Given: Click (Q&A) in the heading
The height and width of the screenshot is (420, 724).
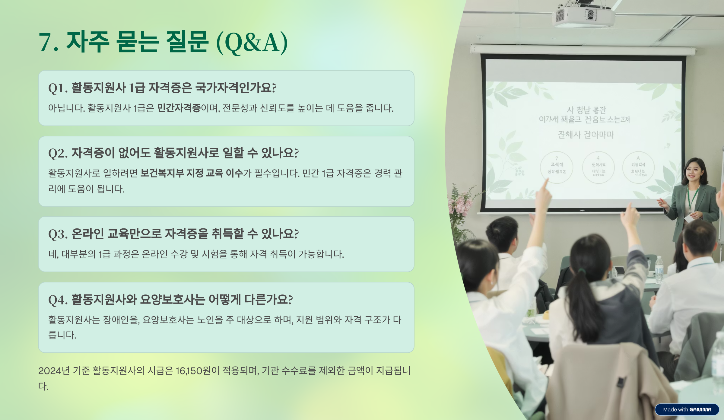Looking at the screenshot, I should [252, 43].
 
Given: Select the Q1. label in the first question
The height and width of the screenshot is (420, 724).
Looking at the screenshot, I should [58, 88].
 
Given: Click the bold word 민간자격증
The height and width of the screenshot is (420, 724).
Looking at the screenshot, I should [179, 108].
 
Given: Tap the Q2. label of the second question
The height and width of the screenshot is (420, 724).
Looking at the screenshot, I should [58, 154].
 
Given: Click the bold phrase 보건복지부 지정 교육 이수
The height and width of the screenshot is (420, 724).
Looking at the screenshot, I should [192, 173].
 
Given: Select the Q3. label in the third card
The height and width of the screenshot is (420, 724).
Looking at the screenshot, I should [58, 234].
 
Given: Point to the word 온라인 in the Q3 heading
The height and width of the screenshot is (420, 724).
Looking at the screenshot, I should [88, 234].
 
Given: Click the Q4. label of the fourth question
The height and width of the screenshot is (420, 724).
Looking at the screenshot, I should [58, 300].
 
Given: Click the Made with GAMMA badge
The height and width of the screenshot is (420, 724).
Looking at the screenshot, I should [687, 409].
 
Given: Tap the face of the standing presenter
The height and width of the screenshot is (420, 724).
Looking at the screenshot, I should [693, 172].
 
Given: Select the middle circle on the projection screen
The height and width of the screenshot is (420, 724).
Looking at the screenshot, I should [598, 167].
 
